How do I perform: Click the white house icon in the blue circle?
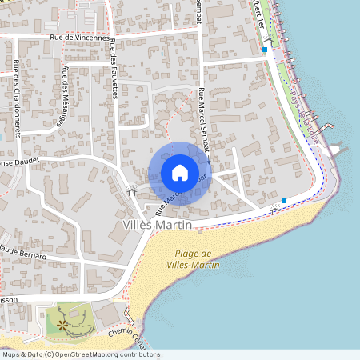click(x=180, y=172)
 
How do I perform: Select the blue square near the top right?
click(x=264, y=50)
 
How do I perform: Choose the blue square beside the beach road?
click(x=284, y=200)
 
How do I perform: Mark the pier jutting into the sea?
click(x=337, y=146)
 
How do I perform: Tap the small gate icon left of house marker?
click(x=132, y=190)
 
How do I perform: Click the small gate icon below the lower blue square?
click(x=275, y=211)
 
